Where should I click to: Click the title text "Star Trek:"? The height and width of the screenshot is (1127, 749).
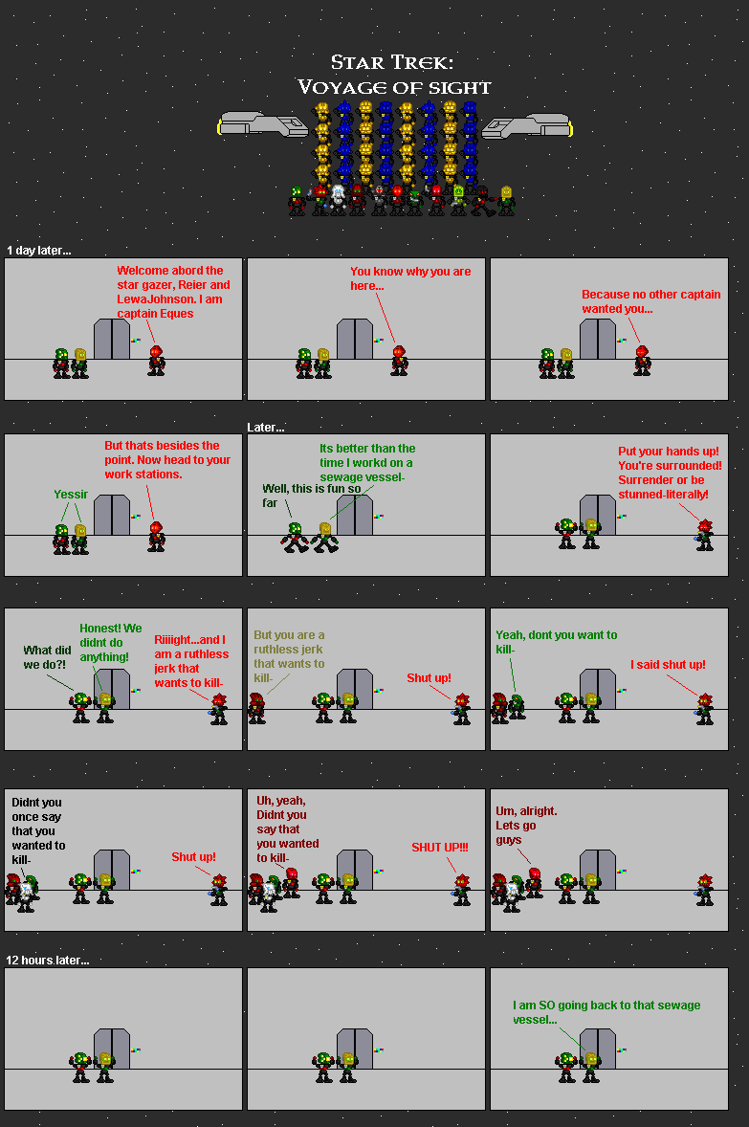pyautogui.click(x=392, y=63)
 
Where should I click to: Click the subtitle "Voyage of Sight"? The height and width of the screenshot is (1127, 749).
pyautogui.click(x=394, y=87)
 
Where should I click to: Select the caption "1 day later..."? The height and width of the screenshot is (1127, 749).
pyautogui.click(x=39, y=251)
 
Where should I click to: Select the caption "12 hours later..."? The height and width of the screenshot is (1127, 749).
pyautogui.click(x=48, y=960)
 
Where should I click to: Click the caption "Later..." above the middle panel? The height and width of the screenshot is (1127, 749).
pyautogui.click(x=266, y=428)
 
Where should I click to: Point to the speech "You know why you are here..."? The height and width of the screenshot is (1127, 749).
pyautogui.click(x=410, y=278)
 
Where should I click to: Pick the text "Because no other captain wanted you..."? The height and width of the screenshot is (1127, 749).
pyautogui.click(x=651, y=301)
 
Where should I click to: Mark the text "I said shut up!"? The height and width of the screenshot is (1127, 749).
pyautogui.click(x=668, y=665)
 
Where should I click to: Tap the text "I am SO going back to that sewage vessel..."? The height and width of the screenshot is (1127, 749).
pyautogui.click(x=606, y=1012)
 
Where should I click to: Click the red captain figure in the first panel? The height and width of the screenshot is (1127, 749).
pyautogui.click(x=156, y=361)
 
